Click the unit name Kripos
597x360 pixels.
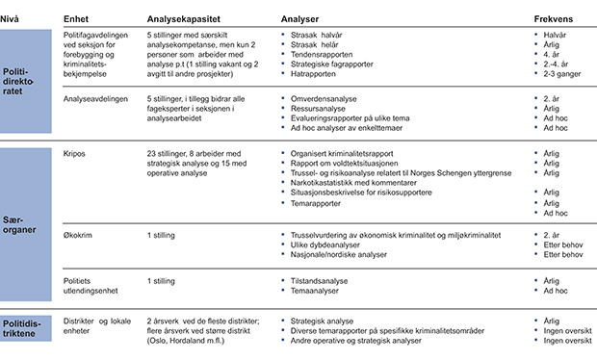tap(74, 153)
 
